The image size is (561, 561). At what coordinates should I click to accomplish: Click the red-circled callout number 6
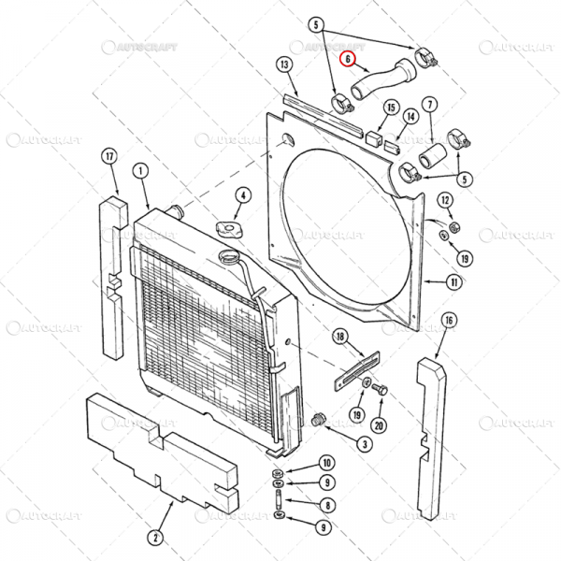click(348, 59)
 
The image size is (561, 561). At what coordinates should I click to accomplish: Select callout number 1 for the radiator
click(139, 171)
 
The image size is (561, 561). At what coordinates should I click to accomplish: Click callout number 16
click(449, 322)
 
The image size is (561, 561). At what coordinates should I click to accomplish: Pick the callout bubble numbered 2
click(155, 536)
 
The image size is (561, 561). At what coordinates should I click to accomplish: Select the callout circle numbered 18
click(340, 336)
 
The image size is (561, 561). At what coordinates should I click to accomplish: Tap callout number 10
click(326, 463)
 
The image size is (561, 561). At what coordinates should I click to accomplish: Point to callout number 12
click(445, 199)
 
